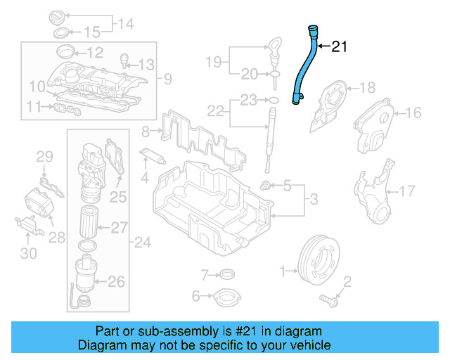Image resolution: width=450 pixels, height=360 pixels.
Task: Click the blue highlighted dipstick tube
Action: [x=304, y=67]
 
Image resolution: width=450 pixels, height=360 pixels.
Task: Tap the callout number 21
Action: [x=339, y=47]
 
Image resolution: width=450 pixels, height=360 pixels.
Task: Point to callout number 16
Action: [x=413, y=112]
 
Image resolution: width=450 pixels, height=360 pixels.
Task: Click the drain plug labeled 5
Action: [x=266, y=186]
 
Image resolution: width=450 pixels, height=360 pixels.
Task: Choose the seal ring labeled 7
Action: [x=228, y=274]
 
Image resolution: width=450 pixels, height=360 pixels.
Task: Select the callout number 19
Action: [x=213, y=62]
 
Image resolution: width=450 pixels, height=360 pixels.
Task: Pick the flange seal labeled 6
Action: [x=226, y=298]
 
